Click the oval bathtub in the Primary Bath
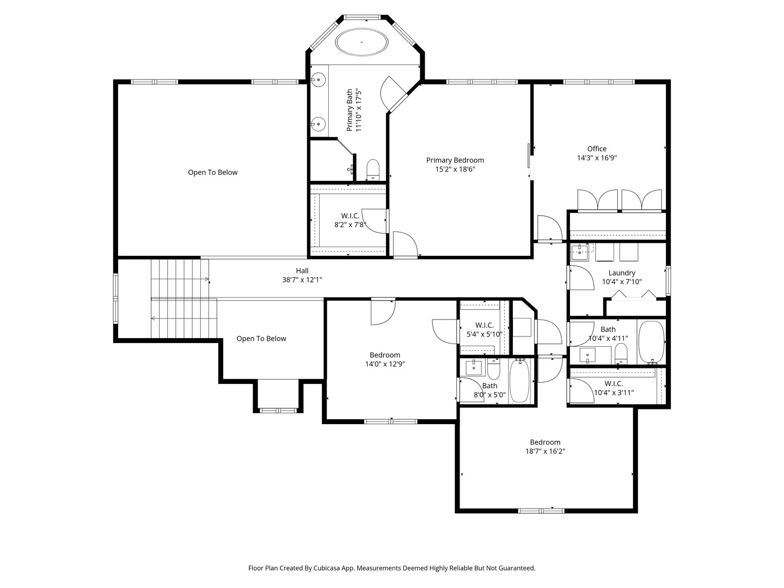[x=362, y=42]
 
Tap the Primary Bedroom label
[x=455, y=160]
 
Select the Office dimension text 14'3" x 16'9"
[x=597, y=158]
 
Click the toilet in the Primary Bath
[x=373, y=169]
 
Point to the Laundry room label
[x=622, y=273]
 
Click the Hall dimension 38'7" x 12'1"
[x=302, y=280]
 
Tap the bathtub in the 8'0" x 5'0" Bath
[x=520, y=381]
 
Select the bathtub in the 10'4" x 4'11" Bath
[x=651, y=342]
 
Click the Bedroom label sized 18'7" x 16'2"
[x=545, y=442]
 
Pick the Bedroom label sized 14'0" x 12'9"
[x=385, y=355]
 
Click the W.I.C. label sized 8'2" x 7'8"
[x=350, y=216]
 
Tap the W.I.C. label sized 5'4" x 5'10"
[x=485, y=325]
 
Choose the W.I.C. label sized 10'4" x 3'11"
[x=614, y=383]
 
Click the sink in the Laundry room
[x=579, y=253]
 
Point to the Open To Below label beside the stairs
[x=261, y=339]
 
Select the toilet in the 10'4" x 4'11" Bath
[x=621, y=354]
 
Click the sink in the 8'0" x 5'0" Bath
[x=474, y=368]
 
